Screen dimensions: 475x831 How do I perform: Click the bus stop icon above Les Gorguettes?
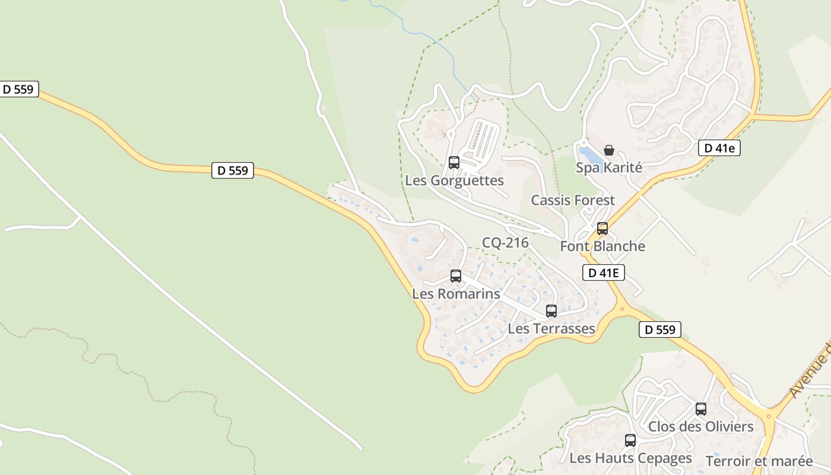pos(454,162)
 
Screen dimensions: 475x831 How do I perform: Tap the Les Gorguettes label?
pos(454,180)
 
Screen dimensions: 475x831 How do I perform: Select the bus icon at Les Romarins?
pos(456,275)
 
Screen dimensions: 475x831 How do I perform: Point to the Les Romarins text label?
pos(456,294)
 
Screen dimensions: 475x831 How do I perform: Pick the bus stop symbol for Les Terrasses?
pos(551,311)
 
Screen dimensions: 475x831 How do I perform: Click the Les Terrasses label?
pos(551,329)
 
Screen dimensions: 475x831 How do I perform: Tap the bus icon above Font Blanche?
pos(602,229)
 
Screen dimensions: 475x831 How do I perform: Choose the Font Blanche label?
pos(602,246)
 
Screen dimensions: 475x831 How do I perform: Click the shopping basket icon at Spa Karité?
pos(609,150)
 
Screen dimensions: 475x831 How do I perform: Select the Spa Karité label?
pos(609,168)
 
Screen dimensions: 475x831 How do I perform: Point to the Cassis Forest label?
pos(573,200)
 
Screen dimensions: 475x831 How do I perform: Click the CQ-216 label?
pos(505,242)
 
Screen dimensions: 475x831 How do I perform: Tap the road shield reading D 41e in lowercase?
pos(719,148)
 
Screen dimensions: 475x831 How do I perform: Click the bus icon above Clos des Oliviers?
pos(701,408)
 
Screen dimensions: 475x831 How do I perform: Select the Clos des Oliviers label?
pos(700,426)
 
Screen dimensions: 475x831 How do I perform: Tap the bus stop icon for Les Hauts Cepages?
pos(630,441)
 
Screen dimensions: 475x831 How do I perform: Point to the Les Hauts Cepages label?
pos(630,458)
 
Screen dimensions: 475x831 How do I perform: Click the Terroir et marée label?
pos(759,461)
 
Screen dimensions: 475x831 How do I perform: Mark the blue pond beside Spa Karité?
pos(589,156)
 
